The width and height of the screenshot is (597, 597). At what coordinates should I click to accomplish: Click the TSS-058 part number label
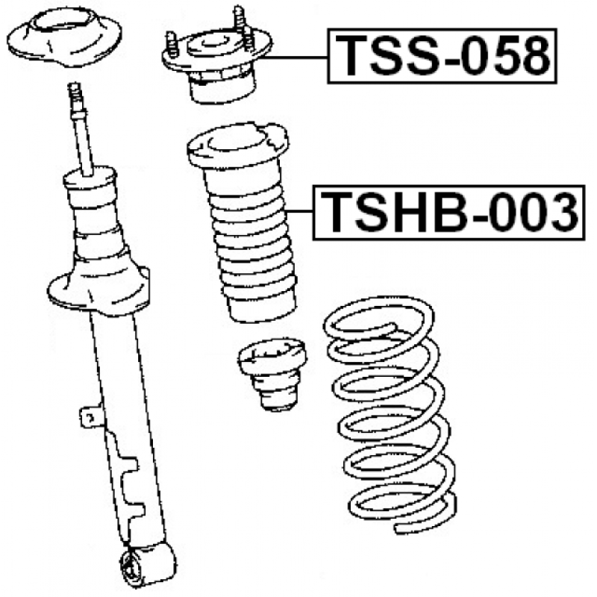point(442,55)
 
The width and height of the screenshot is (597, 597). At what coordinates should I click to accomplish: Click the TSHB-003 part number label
point(449,213)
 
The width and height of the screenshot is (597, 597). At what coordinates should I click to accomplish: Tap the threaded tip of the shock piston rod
point(75,96)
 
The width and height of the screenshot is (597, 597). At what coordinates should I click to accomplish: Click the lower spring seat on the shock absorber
point(99,290)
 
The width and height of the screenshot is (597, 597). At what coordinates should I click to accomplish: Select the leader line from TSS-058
point(295,57)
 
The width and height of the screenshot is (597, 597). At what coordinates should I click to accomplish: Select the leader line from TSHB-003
point(300,211)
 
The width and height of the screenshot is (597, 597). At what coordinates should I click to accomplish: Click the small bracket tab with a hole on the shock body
point(90,418)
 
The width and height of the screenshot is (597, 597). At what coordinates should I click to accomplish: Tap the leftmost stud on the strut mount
point(172,44)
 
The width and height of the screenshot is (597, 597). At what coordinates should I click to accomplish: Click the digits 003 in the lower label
point(534,212)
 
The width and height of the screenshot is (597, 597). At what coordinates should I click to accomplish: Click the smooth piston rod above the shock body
point(83,145)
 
